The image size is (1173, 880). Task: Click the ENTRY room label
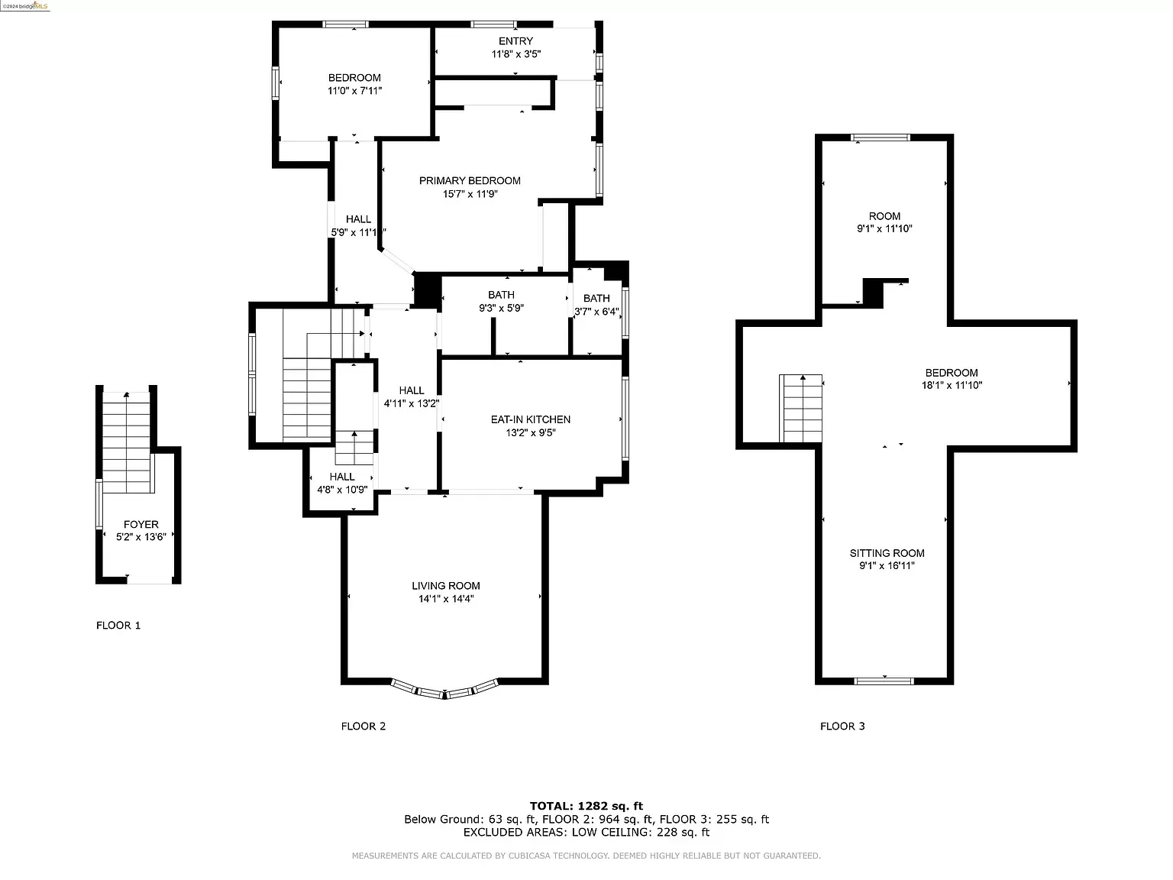tap(515, 41)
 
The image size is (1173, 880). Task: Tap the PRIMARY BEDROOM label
tap(470, 180)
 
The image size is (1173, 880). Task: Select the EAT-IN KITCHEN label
tap(531, 419)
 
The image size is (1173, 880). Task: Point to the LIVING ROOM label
tap(446, 586)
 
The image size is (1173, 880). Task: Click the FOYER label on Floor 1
tap(141, 524)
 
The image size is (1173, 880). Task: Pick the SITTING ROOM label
tap(887, 553)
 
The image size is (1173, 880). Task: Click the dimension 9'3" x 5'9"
tap(501, 308)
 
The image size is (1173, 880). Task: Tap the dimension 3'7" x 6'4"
tap(596, 311)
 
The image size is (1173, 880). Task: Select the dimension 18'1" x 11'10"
tap(952, 385)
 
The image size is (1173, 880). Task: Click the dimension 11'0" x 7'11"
tap(355, 91)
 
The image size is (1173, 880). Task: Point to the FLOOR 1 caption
tap(118, 625)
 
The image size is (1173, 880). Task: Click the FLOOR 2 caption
tap(364, 726)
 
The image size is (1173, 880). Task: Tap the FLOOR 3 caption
tap(843, 726)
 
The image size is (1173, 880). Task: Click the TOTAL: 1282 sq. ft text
tap(586, 806)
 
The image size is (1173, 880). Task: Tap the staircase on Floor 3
tap(800, 409)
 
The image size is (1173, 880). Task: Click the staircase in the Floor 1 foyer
tap(126, 442)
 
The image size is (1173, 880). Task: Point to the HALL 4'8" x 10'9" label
tap(342, 483)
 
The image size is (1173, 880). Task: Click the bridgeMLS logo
tap(24, 6)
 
